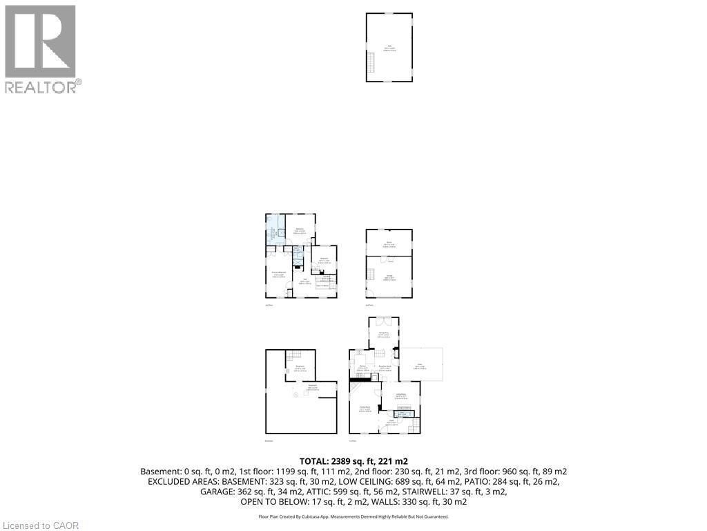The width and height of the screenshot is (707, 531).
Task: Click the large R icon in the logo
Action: (x=40, y=41)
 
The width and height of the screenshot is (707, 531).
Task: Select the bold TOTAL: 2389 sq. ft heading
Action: (x=353, y=461)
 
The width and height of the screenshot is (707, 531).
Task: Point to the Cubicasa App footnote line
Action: (x=353, y=516)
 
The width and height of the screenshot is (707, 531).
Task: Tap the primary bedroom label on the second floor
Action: (x=278, y=275)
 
